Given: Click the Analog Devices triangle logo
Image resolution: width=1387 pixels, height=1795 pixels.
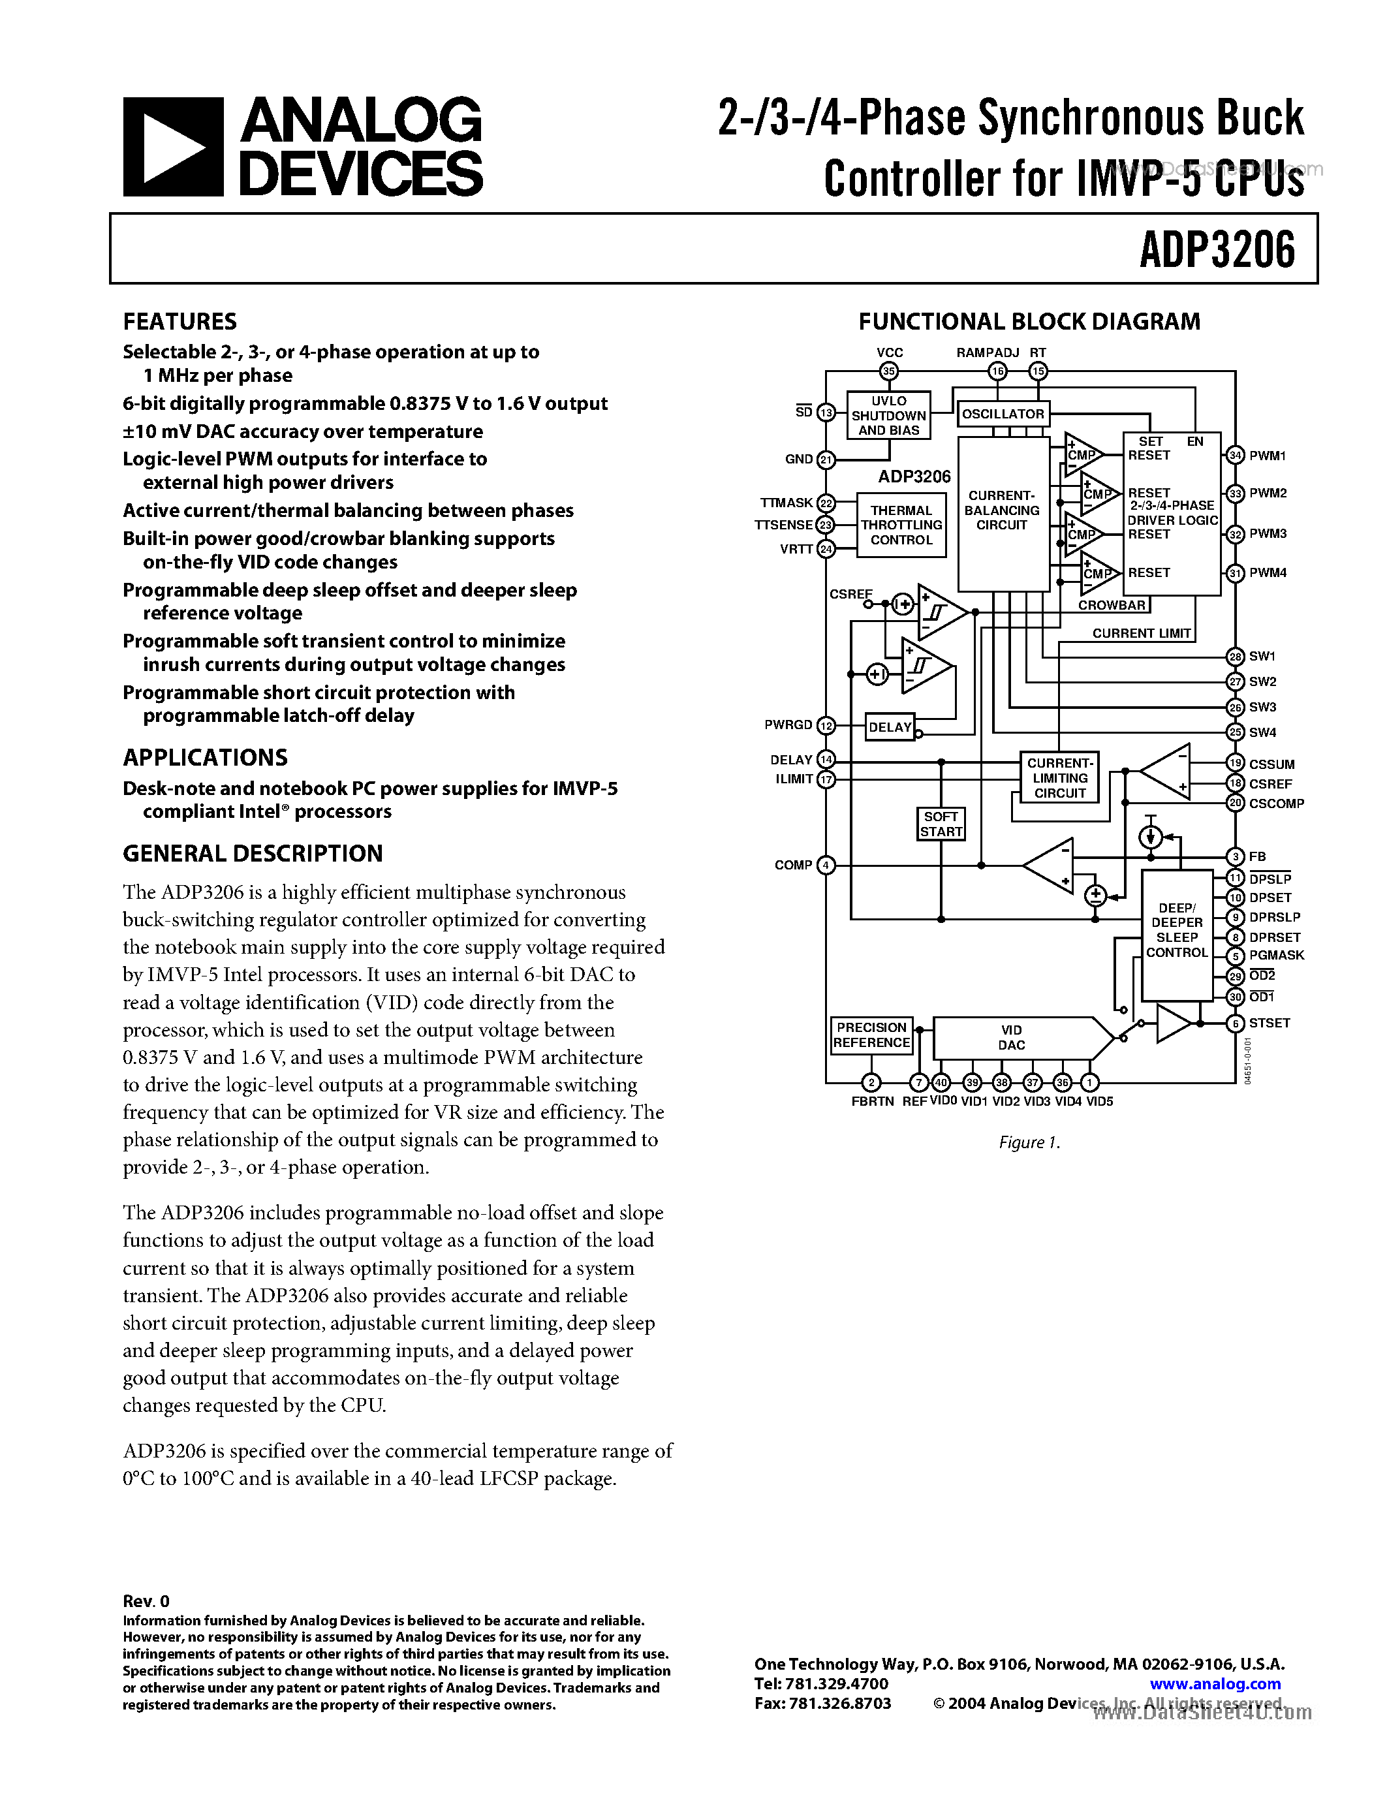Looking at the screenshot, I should [x=172, y=146].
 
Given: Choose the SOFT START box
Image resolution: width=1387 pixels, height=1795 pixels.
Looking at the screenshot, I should [x=941, y=824].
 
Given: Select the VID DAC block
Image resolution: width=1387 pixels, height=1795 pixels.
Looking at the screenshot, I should [x=1012, y=1038].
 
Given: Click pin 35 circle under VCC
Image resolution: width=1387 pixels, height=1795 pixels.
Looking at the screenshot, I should [x=888, y=371].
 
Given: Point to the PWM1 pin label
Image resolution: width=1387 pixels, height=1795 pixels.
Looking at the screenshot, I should [x=1267, y=456].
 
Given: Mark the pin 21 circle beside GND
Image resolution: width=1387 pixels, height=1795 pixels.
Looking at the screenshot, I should [x=826, y=460].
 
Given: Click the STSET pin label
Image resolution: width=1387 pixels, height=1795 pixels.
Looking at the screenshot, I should [x=1270, y=1023].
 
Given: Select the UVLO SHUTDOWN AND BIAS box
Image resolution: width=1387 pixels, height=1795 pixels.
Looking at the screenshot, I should [x=888, y=416].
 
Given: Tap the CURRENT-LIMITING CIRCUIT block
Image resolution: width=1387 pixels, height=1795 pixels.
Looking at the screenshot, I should [x=1060, y=777].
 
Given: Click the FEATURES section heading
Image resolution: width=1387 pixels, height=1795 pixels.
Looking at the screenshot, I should [x=180, y=321].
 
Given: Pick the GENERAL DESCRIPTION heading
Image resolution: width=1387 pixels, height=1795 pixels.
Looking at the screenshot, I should [x=253, y=854].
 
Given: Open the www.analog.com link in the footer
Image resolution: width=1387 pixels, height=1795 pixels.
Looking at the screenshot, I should [x=1215, y=1684].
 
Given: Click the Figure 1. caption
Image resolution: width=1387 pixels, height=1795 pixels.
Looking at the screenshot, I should [x=1029, y=1142].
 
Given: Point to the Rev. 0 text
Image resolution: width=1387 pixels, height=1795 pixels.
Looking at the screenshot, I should [x=146, y=1600].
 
